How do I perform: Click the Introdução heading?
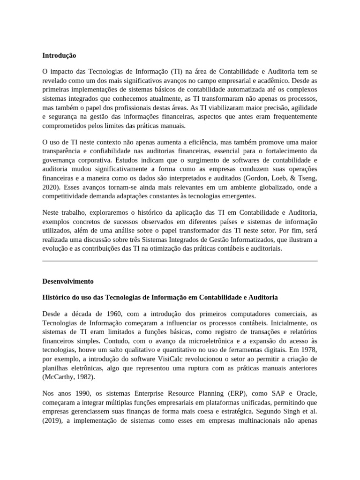[59, 55]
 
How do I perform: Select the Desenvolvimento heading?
[68, 281]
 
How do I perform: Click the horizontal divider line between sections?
[180, 261]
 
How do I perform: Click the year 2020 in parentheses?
[52, 187]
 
